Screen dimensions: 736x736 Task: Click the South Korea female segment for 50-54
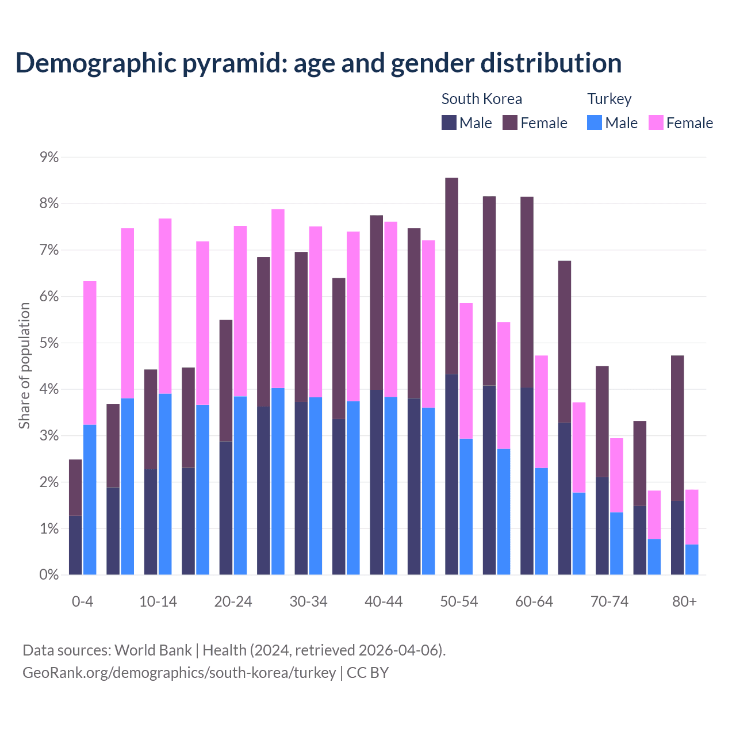[452, 276]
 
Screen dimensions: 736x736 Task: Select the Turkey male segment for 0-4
[90, 500]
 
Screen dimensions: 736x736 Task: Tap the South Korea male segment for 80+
[677, 538]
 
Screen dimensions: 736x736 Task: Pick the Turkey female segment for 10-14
[165, 306]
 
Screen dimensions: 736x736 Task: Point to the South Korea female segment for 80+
[677, 428]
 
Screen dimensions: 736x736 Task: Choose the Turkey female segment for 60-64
[541, 412]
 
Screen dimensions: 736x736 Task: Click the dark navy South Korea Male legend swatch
[449, 122]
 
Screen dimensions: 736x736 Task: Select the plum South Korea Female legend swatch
[510, 122]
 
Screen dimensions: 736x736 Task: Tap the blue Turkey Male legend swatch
[595, 122]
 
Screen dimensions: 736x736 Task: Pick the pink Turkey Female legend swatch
[656, 122]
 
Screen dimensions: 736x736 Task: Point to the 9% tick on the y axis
[49, 157]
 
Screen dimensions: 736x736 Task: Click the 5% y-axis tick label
[49, 343]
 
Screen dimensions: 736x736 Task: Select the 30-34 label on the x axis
[309, 601]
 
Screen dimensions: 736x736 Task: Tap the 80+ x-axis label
[684, 601]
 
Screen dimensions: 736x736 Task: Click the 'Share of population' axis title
[24, 366]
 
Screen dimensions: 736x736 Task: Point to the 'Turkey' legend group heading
[609, 99]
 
